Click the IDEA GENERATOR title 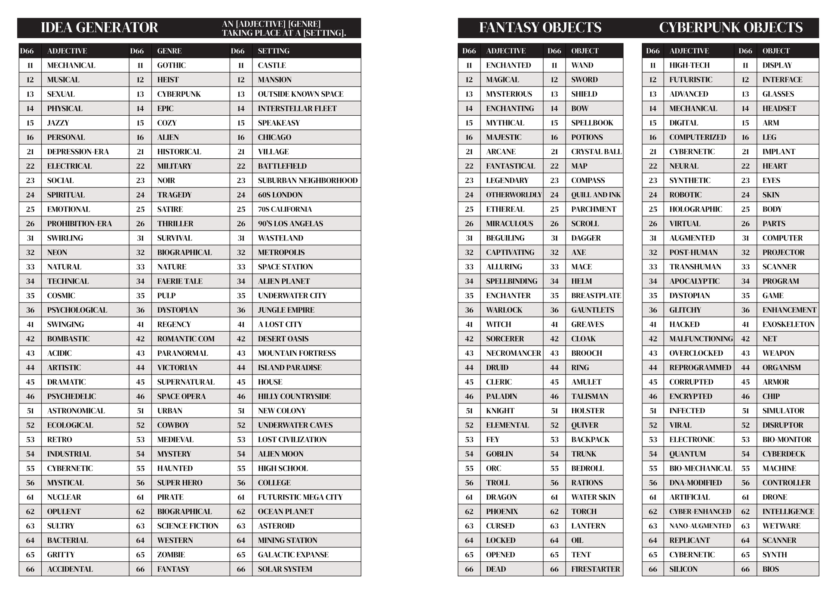click(99, 28)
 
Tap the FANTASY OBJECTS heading click(540, 28)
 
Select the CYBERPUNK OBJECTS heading click(731, 28)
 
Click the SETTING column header click(274, 51)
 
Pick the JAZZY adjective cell click(58, 123)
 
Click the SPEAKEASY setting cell click(279, 123)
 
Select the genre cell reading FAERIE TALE click(180, 281)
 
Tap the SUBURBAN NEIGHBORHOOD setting click(308, 181)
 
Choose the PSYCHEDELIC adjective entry click(71, 397)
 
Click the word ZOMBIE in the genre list click(171, 555)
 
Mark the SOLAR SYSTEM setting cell click(285, 569)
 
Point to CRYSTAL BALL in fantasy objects click(596, 152)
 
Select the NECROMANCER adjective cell click(513, 353)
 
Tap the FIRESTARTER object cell click(595, 569)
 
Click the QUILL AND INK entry click(596, 195)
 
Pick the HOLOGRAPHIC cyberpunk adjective click(695, 209)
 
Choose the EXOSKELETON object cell click(788, 324)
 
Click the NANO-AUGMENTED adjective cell click(700, 526)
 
